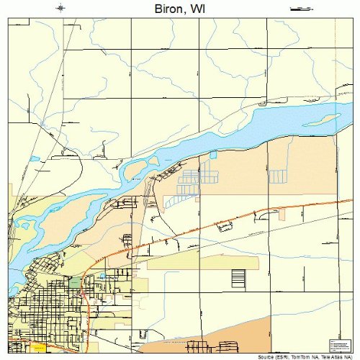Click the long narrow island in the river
(328, 117)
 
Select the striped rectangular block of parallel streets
(238, 276)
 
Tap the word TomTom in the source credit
(284, 356)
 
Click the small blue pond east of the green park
(102, 276)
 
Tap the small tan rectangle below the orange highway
(282, 215)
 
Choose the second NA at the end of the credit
(349, 356)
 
